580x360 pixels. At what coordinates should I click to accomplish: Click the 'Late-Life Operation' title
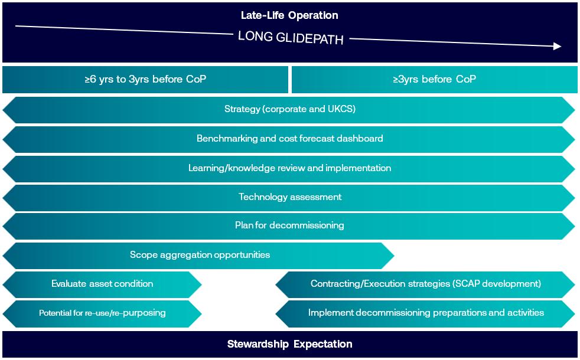[289, 15]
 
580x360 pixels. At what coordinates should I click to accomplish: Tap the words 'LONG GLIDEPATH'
[290, 37]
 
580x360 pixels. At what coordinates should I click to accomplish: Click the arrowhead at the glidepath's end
[557, 46]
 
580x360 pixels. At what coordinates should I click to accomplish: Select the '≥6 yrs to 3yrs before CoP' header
[145, 79]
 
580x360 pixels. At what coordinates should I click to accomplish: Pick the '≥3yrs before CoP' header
[434, 79]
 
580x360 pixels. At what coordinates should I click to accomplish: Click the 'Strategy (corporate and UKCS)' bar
[289, 109]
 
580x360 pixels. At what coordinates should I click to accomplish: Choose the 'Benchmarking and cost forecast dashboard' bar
[289, 139]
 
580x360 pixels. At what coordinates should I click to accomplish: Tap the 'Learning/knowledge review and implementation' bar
[289, 168]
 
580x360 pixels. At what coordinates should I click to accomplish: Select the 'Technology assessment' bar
[289, 197]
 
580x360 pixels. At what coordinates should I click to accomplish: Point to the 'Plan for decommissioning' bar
[289, 225]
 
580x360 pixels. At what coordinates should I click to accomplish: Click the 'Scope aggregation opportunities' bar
[200, 255]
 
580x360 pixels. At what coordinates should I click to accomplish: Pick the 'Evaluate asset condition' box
[102, 284]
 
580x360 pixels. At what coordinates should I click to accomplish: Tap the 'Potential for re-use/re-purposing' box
[102, 313]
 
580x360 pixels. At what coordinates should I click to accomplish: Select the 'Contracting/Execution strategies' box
[425, 284]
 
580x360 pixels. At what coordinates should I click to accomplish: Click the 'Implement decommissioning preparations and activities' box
[426, 313]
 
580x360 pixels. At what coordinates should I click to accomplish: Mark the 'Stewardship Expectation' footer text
[289, 344]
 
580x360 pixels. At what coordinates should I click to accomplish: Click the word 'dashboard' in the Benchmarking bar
[360, 139]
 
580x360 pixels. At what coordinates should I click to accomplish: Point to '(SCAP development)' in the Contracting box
[497, 284]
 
